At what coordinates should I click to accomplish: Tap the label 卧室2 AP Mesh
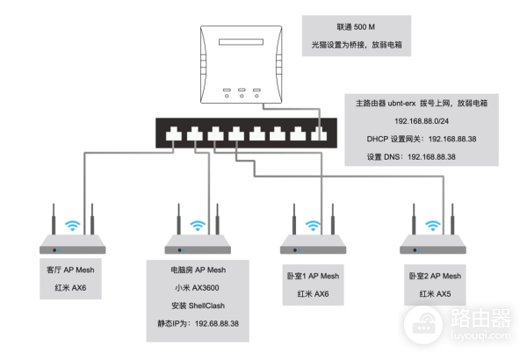coord(434,276)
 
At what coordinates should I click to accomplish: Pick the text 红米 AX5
coord(434,293)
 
